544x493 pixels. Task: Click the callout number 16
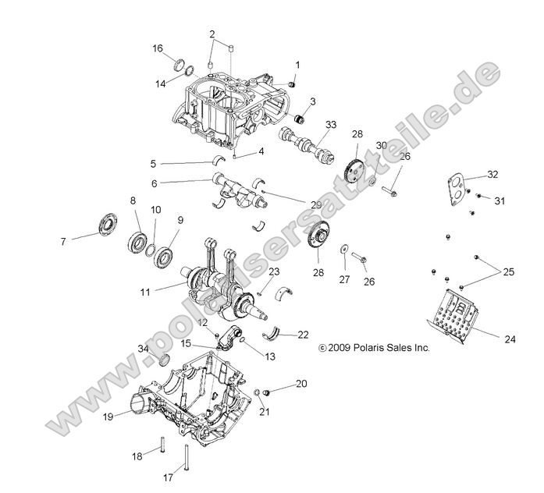point(158,48)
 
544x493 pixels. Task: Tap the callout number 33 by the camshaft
point(331,125)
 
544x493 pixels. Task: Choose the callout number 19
point(107,417)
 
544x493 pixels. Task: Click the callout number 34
point(143,348)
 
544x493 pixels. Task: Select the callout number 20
point(301,384)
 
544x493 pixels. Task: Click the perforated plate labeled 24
point(460,313)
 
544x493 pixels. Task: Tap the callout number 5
point(154,165)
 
